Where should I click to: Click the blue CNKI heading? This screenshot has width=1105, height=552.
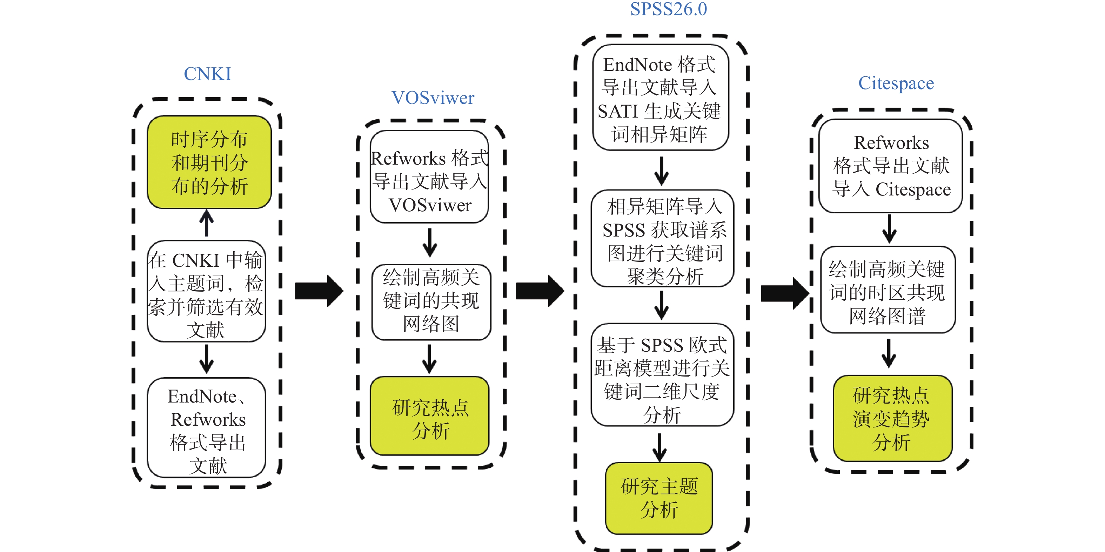pyautogui.click(x=207, y=74)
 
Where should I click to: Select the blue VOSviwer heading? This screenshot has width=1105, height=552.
pyautogui.click(x=433, y=98)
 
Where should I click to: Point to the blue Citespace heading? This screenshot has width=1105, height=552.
pyautogui.click(x=896, y=83)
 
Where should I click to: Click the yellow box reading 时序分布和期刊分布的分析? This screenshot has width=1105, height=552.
pyautogui.click(x=209, y=162)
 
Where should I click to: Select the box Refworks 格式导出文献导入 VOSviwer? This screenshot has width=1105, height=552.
pyautogui.click(x=429, y=177)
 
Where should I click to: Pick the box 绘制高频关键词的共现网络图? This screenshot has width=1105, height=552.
pyautogui.click(x=431, y=302)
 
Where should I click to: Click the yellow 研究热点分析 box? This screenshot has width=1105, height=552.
pyautogui.click(x=430, y=416)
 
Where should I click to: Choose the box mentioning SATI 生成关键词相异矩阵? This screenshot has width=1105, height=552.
pyautogui.click(x=661, y=98)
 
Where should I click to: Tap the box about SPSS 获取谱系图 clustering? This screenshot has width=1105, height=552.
pyautogui.click(x=662, y=239)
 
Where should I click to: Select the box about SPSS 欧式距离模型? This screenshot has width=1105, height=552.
pyautogui.click(x=662, y=375)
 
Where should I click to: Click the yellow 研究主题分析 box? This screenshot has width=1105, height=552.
pyautogui.click(x=659, y=498)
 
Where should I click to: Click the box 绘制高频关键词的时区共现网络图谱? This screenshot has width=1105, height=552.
pyautogui.click(x=888, y=290)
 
